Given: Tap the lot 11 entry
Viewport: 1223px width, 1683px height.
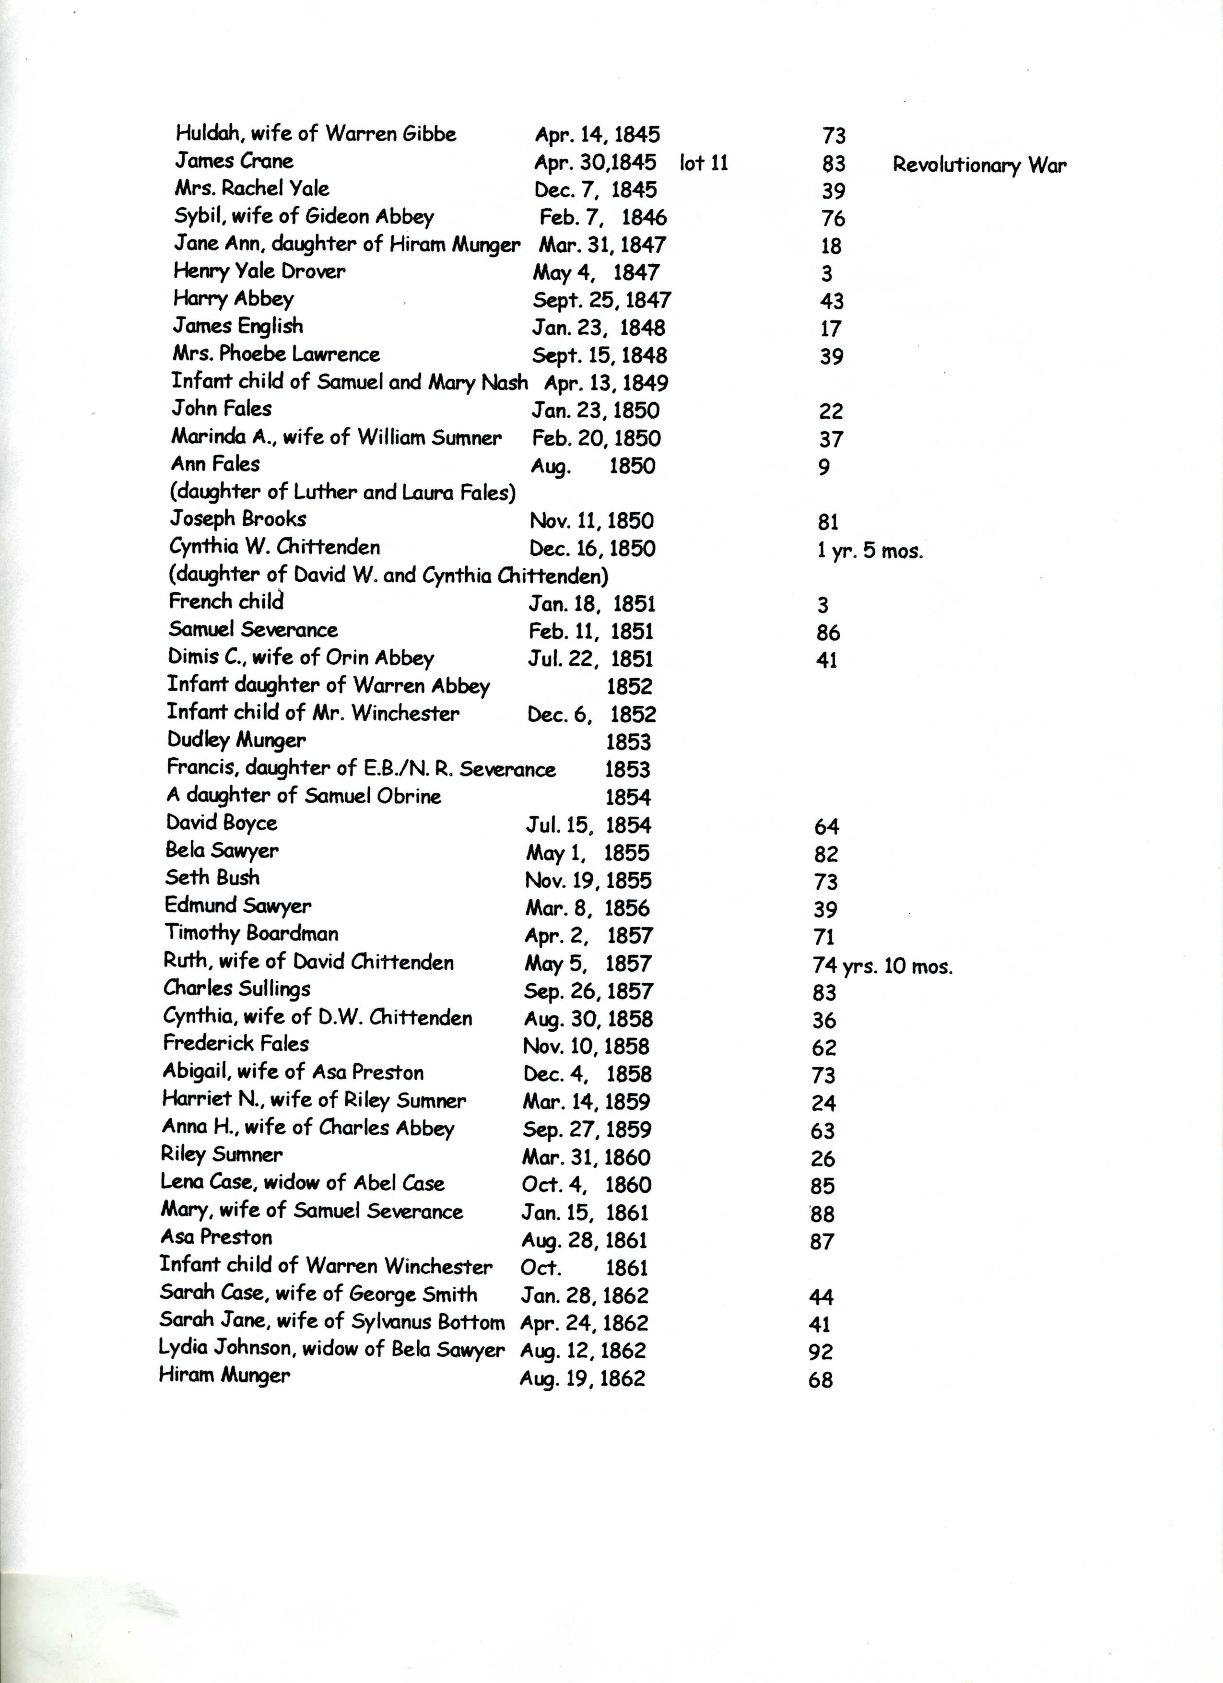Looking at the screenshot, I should click(704, 163).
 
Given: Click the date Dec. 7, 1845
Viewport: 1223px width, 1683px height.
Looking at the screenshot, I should click(595, 190).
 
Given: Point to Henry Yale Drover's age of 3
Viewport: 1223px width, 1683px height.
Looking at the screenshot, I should click(827, 274).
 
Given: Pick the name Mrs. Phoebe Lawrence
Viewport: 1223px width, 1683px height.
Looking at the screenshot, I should click(276, 354).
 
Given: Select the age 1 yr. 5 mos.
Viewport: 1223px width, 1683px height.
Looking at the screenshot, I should click(870, 552).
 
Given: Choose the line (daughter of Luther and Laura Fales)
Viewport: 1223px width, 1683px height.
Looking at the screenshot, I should click(343, 492).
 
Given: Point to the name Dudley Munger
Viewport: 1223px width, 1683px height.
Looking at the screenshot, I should click(236, 740).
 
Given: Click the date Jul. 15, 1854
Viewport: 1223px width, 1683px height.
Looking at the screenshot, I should click(588, 825).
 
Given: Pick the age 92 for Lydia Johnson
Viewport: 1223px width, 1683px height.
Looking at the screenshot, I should click(821, 1352).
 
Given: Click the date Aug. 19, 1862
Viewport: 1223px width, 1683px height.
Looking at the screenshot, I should click(583, 1379).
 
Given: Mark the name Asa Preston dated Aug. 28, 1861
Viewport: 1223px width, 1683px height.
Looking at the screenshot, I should click(216, 1237).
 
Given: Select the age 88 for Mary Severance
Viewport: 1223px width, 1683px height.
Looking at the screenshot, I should click(822, 1214).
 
